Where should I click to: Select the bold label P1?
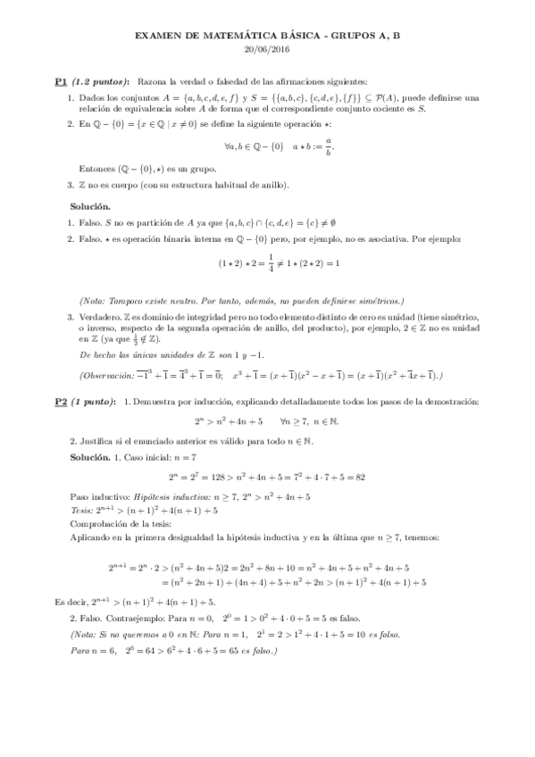[61, 80]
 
